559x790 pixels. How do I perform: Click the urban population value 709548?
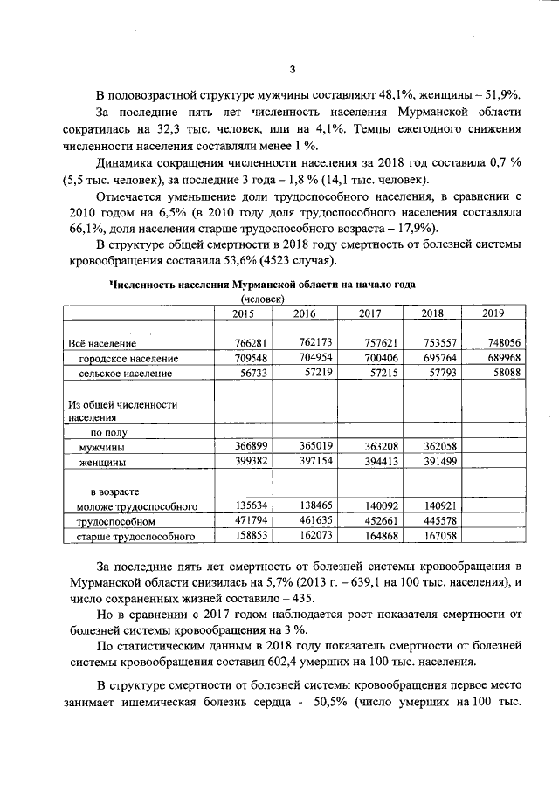(x=247, y=359)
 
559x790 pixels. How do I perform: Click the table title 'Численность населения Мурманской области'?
(x=262, y=285)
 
